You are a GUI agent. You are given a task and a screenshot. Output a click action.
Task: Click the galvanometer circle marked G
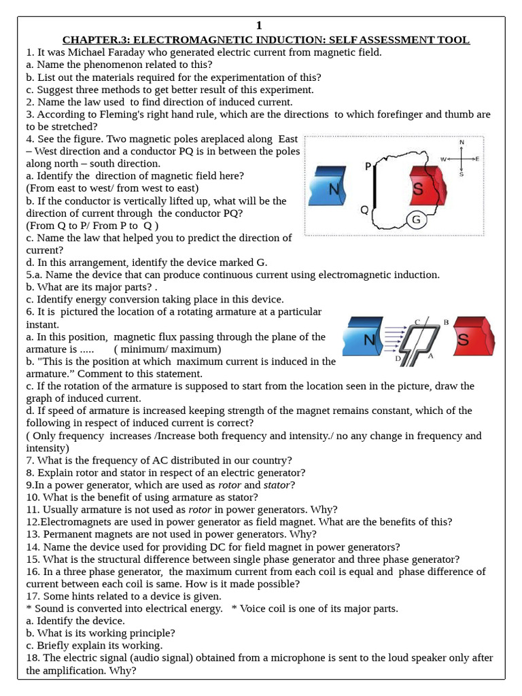416,220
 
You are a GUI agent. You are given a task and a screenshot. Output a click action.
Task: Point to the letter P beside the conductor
368,167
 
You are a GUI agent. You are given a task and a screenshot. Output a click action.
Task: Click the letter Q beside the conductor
364,209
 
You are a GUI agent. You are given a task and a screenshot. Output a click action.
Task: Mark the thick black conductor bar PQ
377,184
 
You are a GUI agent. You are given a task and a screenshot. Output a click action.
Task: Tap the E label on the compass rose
478,158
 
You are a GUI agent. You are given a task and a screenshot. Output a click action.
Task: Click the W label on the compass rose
444,158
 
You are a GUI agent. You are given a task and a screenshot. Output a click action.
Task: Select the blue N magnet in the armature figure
367,338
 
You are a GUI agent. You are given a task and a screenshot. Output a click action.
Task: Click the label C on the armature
417,321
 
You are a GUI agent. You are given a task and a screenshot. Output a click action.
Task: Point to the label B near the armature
446,321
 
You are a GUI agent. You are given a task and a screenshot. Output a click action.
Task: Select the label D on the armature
398,358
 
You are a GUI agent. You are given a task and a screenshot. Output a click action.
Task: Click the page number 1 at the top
258,26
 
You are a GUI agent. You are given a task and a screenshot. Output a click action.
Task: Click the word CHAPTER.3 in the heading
92,40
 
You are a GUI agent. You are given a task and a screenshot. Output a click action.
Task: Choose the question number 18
33,658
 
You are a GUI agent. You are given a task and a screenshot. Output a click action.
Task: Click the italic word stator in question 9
278,485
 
